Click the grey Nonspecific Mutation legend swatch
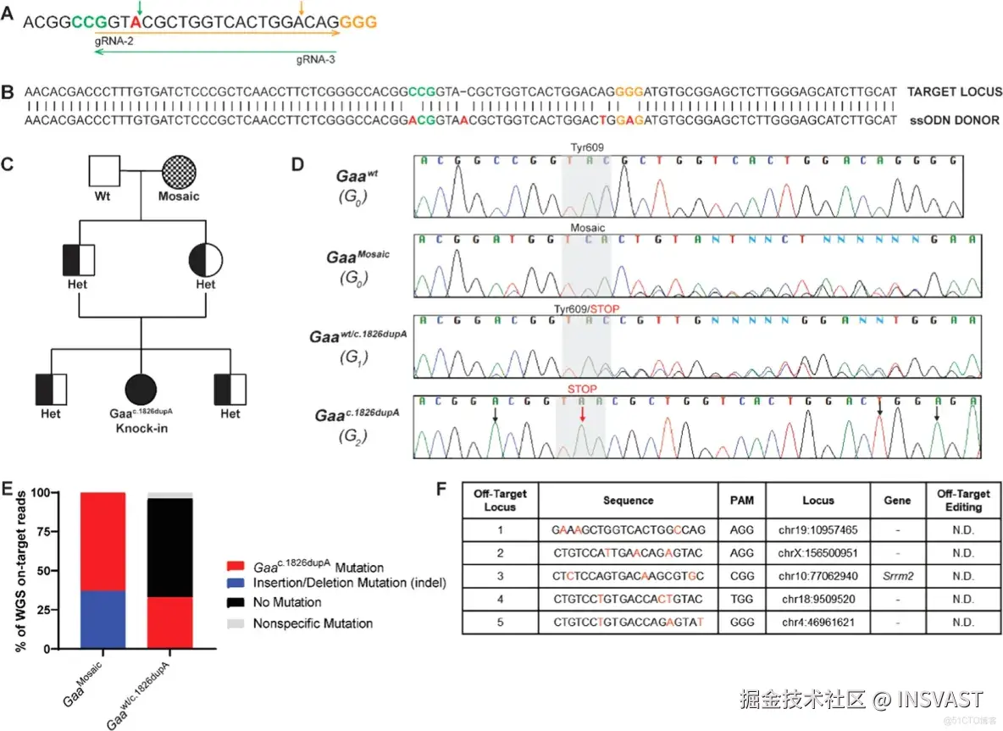[x=237, y=623]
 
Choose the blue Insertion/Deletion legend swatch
[x=237, y=585]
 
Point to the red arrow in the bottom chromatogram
[x=582, y=413]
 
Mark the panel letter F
[x=440, y=489]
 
